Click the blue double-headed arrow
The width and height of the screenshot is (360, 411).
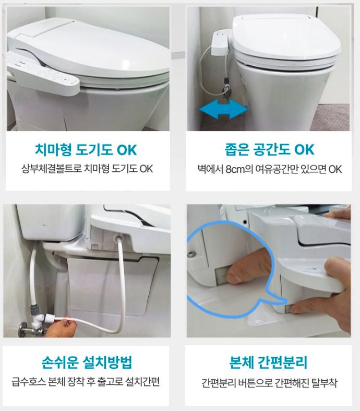223,109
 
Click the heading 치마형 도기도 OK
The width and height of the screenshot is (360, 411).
86,150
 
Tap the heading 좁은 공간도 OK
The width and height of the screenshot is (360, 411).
269,149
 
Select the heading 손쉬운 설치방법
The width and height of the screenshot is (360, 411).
87,362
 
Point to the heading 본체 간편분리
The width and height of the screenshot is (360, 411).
268,362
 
